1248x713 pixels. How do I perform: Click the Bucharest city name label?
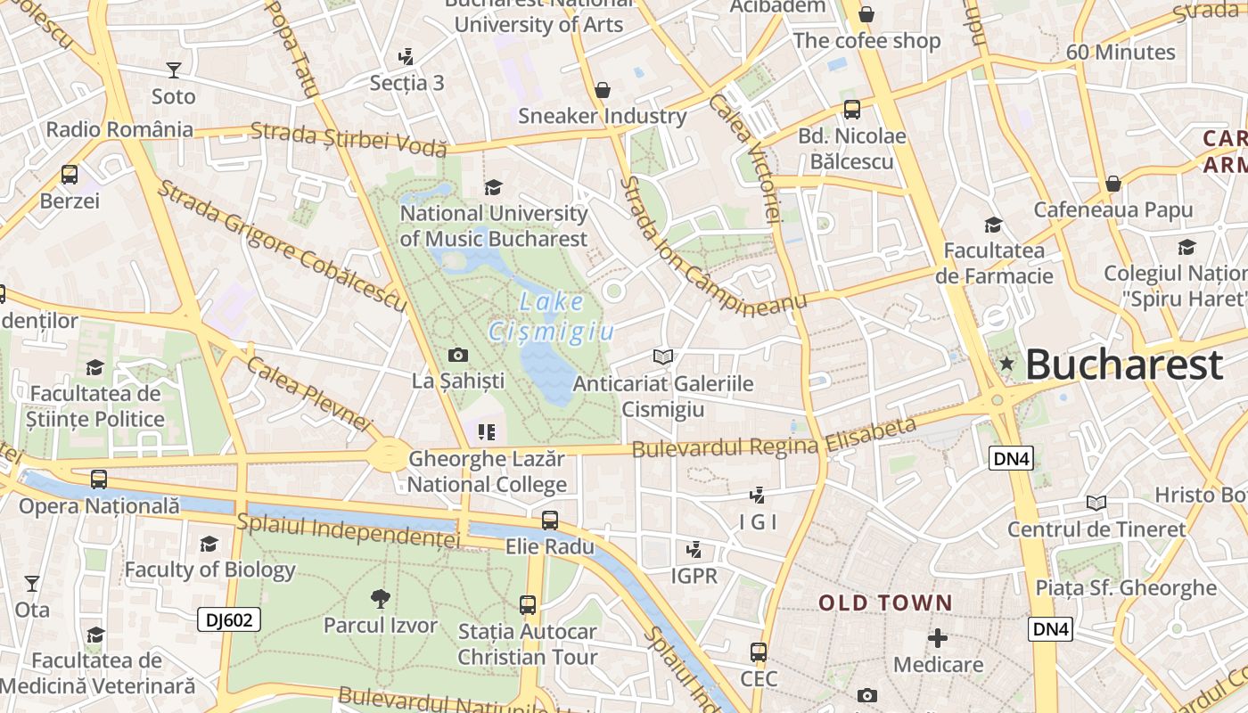tap(1123, 365)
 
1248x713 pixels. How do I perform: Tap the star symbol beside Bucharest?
tap(1007, 363)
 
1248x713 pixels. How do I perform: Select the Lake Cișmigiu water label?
tap(552, 317)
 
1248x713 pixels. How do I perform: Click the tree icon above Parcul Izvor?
tap(381, 598)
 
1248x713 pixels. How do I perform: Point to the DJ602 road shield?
tap(229, 619)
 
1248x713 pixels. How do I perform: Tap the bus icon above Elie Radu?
tap(550, 520)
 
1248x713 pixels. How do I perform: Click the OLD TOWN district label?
tap(886, 603)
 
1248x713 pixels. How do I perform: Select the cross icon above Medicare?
tap(937, 638)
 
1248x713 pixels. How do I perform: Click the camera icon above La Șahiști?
tap(458, 355)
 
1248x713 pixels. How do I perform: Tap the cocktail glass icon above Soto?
tap(174, 70)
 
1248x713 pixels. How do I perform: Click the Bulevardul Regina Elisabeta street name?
tap(774, 438)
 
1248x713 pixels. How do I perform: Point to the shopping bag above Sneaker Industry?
tap(603, 90)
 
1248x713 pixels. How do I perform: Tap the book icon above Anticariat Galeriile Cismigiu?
tap(662, 357)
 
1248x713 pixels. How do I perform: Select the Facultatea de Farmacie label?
tap(994, 263)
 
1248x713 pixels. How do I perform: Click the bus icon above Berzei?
tap(70, 175)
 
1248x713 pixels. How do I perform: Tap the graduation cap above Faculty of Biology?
tap(209, 544)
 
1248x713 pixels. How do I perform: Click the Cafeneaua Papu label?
tap(1113, 210)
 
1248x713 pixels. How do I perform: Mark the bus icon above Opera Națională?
tap(99, 479)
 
